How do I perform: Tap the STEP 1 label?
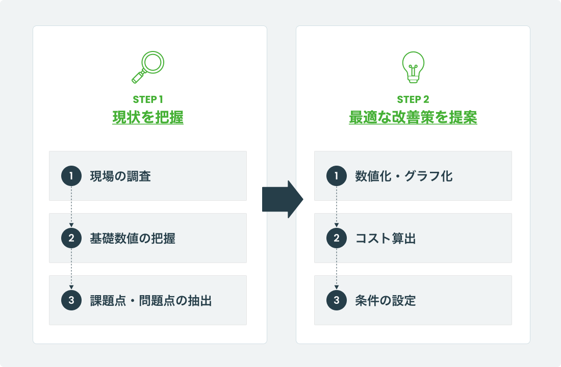(x=148, y=99)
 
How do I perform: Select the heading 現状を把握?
(x=148, y=118)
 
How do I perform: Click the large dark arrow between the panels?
(x=282, y=199)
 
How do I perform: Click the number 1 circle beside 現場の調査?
(x=71, y=176)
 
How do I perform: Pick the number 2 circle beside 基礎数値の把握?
(x=71, y=239)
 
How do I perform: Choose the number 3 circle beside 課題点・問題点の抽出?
(x=71, y=301)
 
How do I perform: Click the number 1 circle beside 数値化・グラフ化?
(x=337, y=176)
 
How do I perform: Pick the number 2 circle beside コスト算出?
(x=337, y=239)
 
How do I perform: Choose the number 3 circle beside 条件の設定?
(x=337, y=301)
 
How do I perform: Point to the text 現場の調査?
(x=120, y=176)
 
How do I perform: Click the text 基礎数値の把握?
(x=133, y=239)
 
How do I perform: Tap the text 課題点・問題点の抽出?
(x=150, y=301)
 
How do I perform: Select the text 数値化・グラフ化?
(x=404, y=176)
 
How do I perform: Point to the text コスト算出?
(x=386, y=239)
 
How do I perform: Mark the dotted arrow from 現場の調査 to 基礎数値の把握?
(x=71, y=207)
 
